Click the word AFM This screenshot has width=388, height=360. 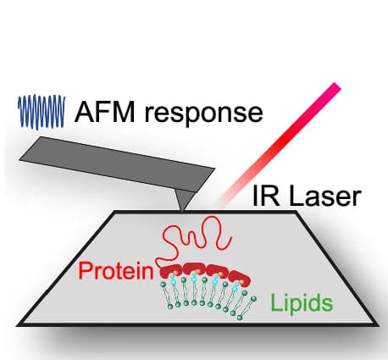point(104,112)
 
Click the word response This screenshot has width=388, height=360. point(204,115)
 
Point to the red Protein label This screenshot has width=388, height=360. point(116,270)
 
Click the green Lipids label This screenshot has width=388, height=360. point(302,302)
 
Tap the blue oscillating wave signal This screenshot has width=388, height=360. point(42,112)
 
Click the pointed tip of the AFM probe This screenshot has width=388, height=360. point(182,211)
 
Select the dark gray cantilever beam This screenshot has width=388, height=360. point(117,164)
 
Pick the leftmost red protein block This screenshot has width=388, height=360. point(171,271)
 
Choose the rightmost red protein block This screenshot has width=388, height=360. point(240,278)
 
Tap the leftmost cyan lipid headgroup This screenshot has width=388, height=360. point(174,280)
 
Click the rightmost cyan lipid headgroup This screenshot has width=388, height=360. point(235,288)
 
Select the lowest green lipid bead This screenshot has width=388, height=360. point(240,318)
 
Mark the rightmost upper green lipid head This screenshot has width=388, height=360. point(254,298)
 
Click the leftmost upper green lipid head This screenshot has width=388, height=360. point(163,285)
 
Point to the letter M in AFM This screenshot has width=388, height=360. point(123,112)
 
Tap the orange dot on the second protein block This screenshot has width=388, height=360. point(198,272)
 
